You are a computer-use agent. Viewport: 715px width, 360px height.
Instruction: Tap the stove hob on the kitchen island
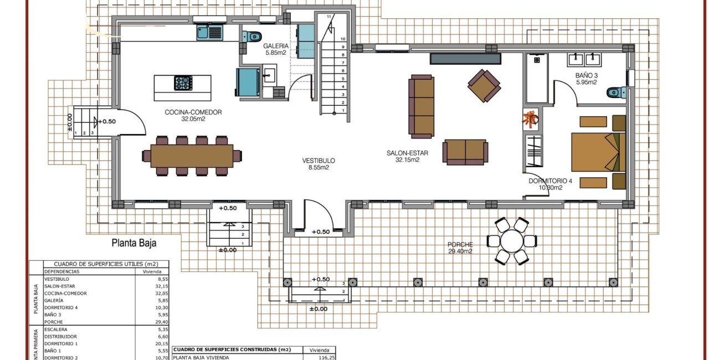[x=183, y=83]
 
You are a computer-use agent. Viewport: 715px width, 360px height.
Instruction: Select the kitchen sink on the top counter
[x=209, y=33]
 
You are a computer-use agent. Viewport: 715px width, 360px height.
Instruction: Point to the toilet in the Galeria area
[x=254, y=37]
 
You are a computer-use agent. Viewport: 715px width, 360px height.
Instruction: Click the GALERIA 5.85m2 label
[x=275, y=49]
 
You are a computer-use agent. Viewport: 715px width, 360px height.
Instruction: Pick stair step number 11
[x=329, y=17]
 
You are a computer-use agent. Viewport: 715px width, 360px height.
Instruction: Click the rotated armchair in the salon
[x=484, y=85]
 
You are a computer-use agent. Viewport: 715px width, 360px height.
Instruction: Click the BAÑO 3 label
[x=587, y=79]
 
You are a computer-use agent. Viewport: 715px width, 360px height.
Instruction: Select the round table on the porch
[x=511, y=241]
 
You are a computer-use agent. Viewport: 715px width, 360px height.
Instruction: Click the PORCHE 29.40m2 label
[x=460, y=248]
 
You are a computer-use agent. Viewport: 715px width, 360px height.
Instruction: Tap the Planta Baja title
[x=134, y=242]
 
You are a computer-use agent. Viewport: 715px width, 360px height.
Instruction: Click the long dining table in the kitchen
[x=192, y=156]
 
